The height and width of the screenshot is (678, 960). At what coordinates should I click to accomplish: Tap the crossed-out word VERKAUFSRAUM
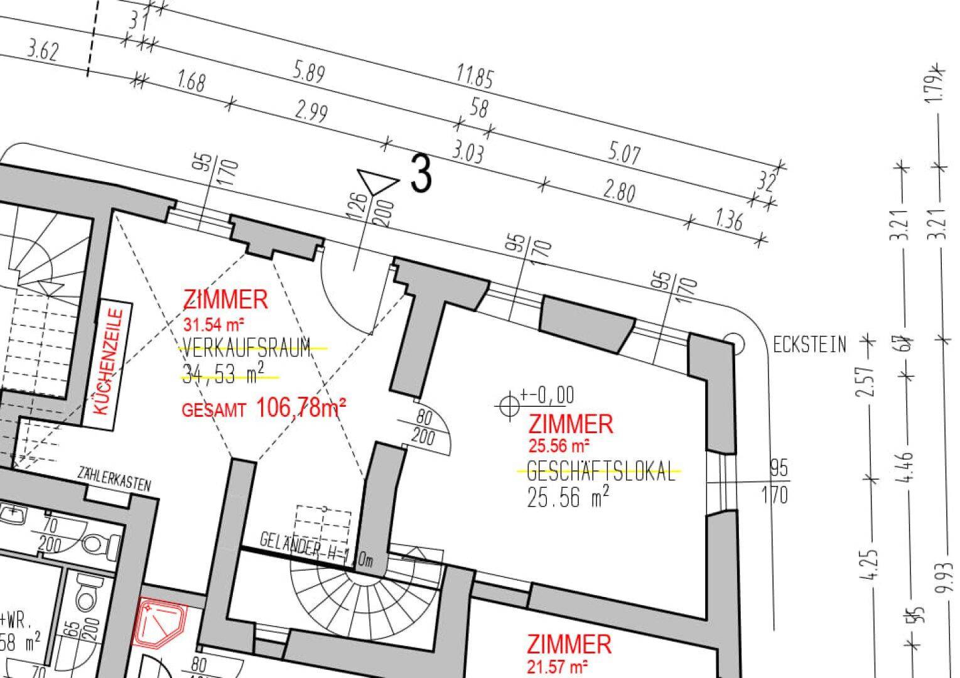(x=246, y=347)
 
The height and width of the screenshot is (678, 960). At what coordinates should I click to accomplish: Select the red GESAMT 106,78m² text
(x=264, y=409)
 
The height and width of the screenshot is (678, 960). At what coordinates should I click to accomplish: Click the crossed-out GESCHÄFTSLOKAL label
(x=601, y=471)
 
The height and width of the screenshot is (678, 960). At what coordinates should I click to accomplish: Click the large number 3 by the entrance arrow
(x=421, y=174)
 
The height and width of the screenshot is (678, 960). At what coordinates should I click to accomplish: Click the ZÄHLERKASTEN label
(x=114, y=478)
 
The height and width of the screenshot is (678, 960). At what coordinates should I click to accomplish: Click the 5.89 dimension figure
(x=310, y=72)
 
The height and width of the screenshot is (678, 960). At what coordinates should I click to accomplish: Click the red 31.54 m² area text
(x=213, y=325)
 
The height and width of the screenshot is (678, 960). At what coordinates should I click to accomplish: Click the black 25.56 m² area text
(x=568, y=497)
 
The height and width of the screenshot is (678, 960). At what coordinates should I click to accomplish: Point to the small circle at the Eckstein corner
(x=734, y=343)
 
